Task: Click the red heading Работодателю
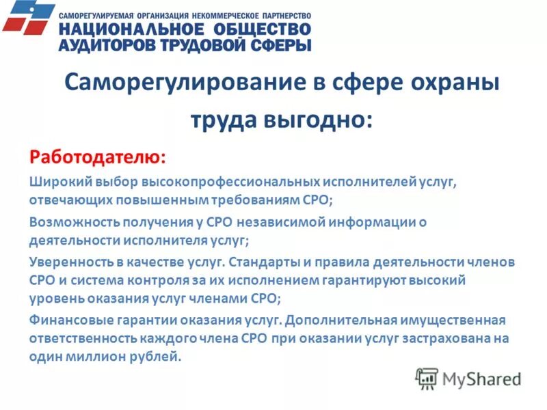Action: point(96,156)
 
